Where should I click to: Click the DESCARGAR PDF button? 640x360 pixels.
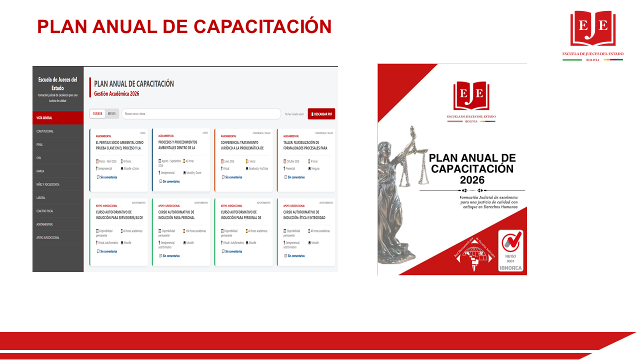(x=321, y=114)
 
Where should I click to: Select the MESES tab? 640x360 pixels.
(x=111, y=113)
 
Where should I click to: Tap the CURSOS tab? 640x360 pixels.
(x=97, y=113)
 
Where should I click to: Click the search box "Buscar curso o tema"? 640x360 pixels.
(x=200, y=114)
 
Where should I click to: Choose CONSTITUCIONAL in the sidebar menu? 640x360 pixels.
(x=45, y=131)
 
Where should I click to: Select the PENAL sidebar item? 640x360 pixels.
(x=39, y=144)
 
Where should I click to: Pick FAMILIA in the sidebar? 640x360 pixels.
(x=40, y=171)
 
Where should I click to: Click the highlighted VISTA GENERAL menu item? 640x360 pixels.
(x=44, y=118)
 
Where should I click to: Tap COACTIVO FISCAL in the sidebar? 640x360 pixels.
(x=45, y=211)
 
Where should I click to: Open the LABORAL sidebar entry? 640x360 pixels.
(x=40, y=197)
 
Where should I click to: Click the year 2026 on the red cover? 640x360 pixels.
(x=472, y=180)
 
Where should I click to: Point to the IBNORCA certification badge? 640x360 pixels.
(x=511, y=251)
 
